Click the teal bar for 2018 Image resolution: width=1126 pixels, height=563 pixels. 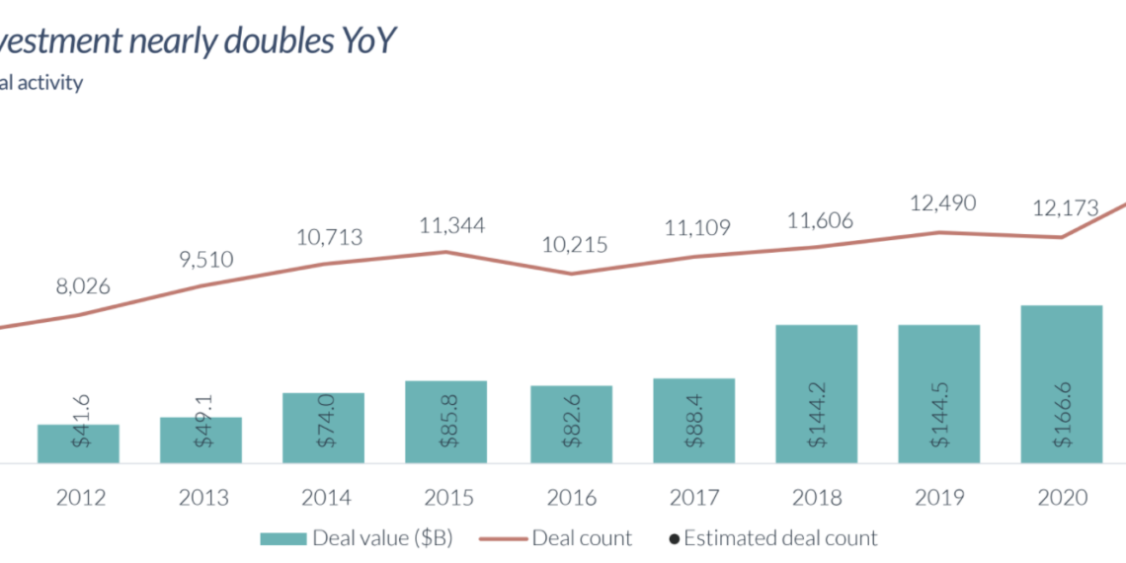click(x=816, y=393)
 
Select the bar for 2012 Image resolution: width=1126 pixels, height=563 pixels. click(x=78, y=443)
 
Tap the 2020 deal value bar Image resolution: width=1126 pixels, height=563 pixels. click(x=1061, y=383)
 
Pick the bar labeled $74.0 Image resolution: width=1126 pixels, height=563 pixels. click(x=323, y=428)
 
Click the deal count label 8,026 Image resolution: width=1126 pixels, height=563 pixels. click(x=83, y=287)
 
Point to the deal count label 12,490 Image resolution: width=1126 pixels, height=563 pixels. click(x=942, y=203)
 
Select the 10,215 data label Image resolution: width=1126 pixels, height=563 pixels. click(x=575, y=245)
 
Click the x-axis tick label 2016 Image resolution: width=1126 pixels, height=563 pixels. click(x=571, y=498)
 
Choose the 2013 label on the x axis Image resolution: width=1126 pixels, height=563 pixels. click(x=203, y=498)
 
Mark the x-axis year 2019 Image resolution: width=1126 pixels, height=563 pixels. click(x=938, y=498)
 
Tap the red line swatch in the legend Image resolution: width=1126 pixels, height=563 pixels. click(x=503, y=539)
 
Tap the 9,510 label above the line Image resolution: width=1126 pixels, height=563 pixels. click(x=206, y=260)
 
